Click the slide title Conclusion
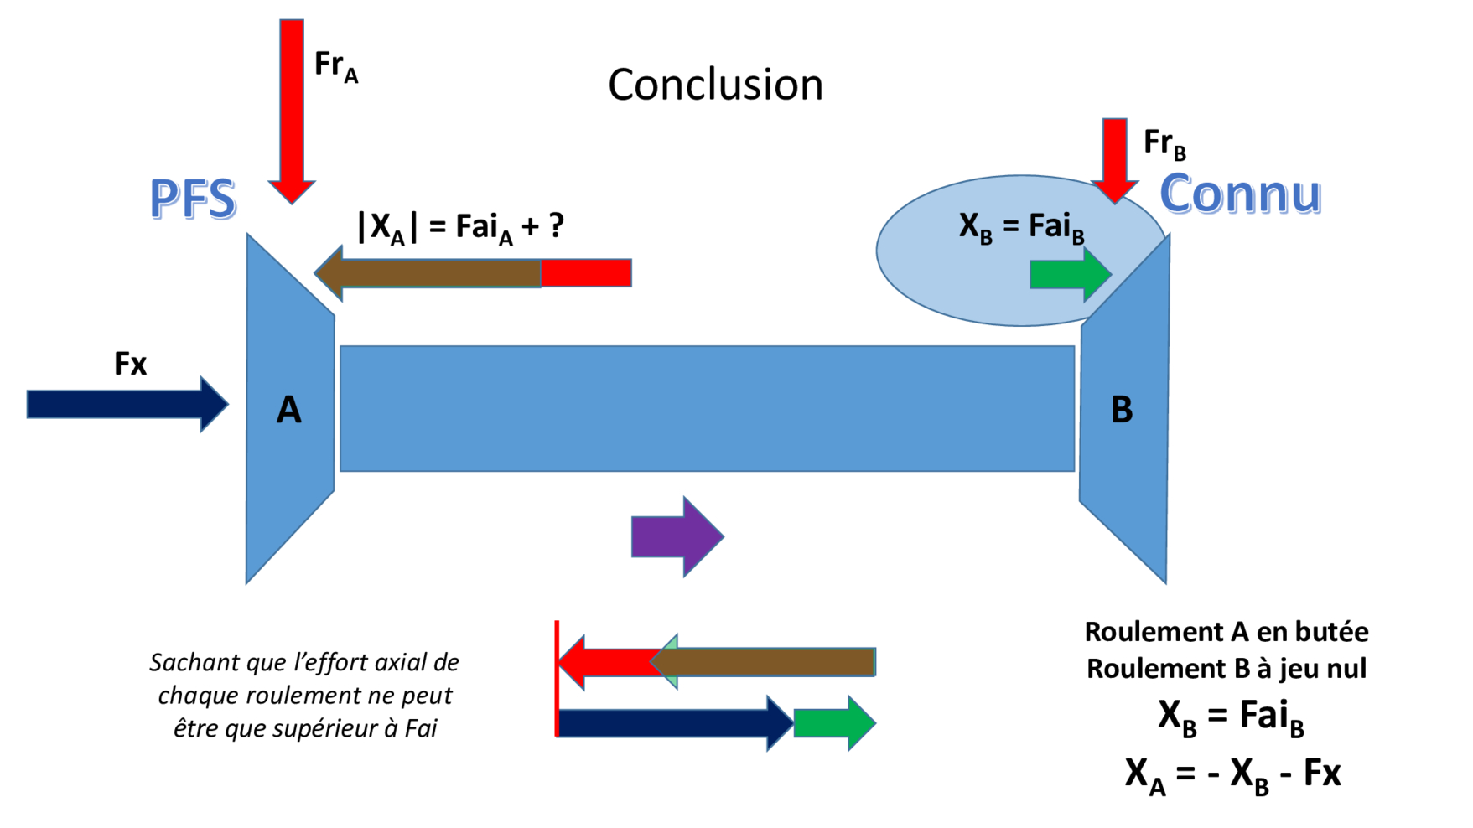(x=715, y=85)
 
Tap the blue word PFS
(x=193, y=199)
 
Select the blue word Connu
(x=1240, y=194)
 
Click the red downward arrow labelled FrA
(x=292, y=109)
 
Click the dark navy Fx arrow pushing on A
(x=126, y=404)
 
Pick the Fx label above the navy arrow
(x=130, y=364)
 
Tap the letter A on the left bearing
(x=288, y=410)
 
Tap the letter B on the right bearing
(x=1122, y=410)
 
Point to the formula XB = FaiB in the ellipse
(x=1021, y=226)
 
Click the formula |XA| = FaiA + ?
(x=460, y=226)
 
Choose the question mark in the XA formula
(x=556, y=225)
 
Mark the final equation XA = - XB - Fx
(x=1232, y=773)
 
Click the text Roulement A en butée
(x=1226, y=631)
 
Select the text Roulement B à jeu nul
(x=1226, y=668)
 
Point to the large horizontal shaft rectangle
(x=707, y=408)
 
